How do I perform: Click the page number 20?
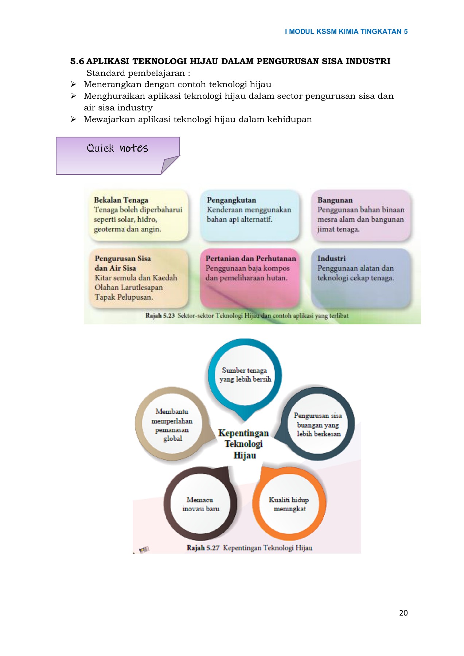click(x=403, y=613)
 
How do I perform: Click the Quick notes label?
click(x=117, y=148)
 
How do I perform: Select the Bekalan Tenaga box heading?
click(x=121, y=200)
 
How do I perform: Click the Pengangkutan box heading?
click(x=231, y=200)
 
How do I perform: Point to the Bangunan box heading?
click(x=335, y=200)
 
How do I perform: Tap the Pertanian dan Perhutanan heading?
click(x=251, y=258)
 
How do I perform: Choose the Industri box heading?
click(x=331, y=258)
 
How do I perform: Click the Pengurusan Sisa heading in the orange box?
click(x=122, y=258)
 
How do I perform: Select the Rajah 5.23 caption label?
click(x=160, y=316)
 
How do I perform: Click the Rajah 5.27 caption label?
click(x=203, y=548)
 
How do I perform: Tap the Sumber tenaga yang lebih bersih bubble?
click(x=245, y=375)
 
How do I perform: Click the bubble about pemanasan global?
click(x=172, y=425)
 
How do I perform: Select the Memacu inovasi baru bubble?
click(x=200, y=504)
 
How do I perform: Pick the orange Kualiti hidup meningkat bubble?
click(x=289, y=504)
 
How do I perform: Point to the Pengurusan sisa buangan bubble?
click(x=318, y=425)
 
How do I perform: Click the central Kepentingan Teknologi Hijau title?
click(x=244, y=444)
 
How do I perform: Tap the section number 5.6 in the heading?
click(x=77, y=61)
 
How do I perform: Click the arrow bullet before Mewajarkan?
click(x=73, y=120)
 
